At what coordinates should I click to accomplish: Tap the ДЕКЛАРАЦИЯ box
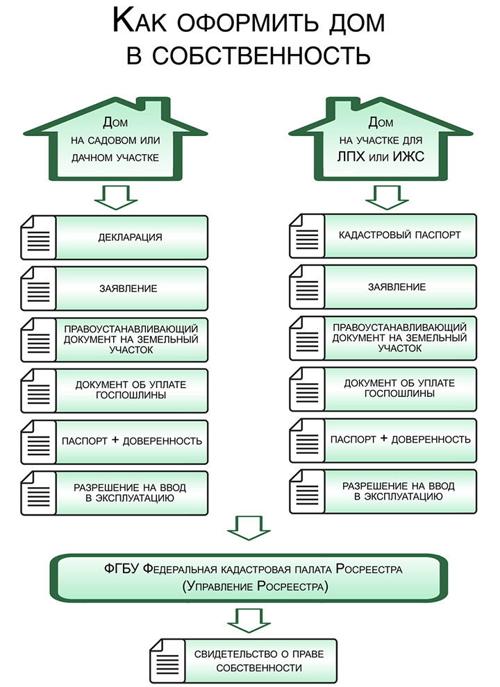[131, 237]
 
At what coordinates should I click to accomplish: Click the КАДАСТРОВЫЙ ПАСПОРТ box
[399, 235]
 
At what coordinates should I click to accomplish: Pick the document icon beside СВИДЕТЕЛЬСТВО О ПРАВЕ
[166, 661]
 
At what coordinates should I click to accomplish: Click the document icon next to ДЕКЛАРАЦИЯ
[39, 237]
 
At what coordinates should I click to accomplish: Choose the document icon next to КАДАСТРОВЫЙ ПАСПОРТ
[306, 235]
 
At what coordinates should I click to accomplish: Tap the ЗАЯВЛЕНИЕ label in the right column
[399, 287]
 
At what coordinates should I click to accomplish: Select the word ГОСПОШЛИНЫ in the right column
[399, 393]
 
